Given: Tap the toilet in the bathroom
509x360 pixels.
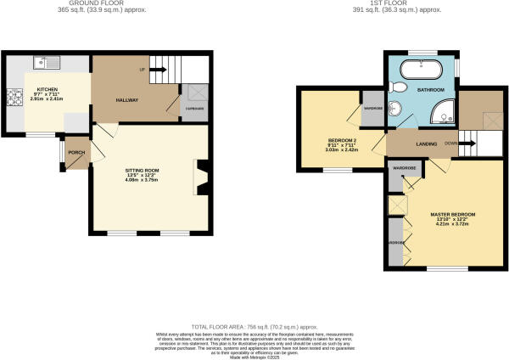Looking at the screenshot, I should point(399,88).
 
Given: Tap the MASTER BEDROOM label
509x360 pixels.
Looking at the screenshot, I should point(451,214).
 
